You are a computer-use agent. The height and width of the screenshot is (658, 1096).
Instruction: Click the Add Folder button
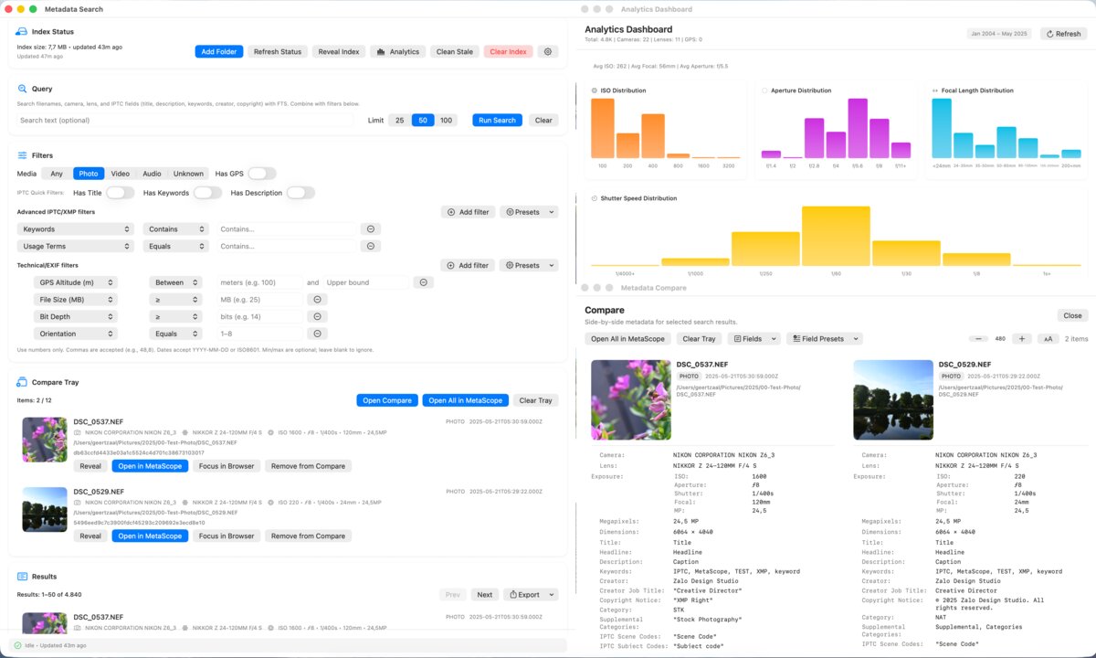(218, 52)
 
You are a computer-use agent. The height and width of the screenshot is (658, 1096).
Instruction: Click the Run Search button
(497, 121)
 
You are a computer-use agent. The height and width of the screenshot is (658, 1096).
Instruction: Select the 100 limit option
(446, 121)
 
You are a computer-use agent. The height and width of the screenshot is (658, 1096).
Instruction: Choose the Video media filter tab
(121, 174)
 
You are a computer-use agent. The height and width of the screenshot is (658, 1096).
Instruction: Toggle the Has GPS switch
(261, 174)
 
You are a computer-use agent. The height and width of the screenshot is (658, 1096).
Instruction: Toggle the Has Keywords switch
(207, 193)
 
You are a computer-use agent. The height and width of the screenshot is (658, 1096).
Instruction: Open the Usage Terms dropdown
(76, 246)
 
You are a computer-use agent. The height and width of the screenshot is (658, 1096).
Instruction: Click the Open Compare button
(387, 400)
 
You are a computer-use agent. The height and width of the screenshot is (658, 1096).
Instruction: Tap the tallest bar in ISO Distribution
(603, 128)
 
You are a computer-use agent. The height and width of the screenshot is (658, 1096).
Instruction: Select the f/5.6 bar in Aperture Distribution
(857, 128)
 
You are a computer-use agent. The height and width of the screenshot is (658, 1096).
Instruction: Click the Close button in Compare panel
(1072, 315)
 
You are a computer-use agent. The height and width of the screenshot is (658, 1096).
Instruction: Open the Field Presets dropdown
(824, 339)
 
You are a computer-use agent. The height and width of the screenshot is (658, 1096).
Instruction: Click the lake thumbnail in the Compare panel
(893, 399)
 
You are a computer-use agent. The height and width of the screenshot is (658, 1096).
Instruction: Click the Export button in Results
(530, 595)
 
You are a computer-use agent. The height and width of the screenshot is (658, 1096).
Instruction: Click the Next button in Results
(484, 595)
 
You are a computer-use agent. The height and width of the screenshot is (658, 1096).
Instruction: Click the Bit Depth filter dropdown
(76, 316)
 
